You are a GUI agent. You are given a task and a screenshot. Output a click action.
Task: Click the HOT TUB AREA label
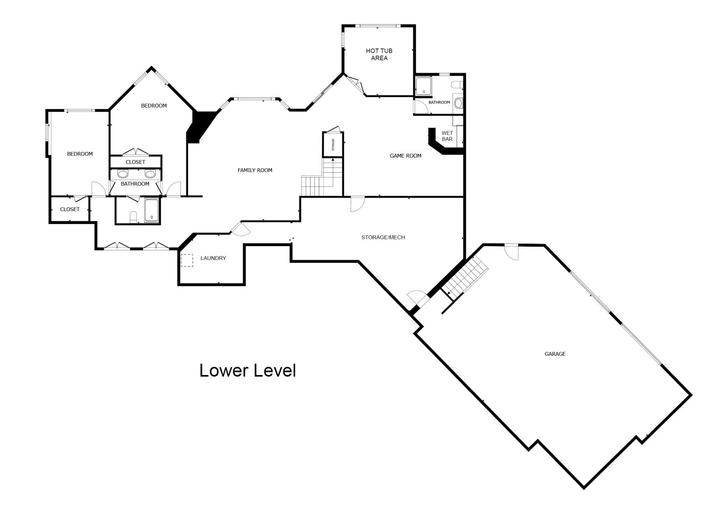coord(379,54)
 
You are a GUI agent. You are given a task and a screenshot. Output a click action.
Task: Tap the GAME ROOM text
coord(406,155)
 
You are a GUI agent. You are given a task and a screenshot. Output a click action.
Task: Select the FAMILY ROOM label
coord(255,170)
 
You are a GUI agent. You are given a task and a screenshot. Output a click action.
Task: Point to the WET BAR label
coord(447,136)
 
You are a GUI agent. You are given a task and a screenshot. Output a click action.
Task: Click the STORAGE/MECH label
coord(383,237)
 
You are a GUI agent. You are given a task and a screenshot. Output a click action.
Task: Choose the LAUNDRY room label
coord(213,258)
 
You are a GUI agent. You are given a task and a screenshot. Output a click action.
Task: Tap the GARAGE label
coord(555,354)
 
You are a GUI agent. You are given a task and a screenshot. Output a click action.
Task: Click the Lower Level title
coord(248,370)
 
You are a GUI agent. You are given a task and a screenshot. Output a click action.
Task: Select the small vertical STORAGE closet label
coord(333,145)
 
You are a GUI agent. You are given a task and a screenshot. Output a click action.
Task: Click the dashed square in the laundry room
coord(187,260)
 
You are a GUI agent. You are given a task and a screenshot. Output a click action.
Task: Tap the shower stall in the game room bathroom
coord(423,85)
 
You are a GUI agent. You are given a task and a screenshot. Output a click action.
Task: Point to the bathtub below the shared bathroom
coord(152,210)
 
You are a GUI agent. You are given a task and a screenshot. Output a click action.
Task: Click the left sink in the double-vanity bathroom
coord(123,174)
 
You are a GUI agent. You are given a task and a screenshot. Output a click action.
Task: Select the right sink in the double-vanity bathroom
coord(150,174)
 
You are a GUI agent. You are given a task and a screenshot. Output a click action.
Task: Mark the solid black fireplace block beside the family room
coord(201,127)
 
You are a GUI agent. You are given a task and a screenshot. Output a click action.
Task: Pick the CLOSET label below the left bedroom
coord(70,209)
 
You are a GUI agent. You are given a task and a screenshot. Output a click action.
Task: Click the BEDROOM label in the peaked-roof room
coord(154,105)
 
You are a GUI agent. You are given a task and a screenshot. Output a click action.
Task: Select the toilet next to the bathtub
coord(133,217)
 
